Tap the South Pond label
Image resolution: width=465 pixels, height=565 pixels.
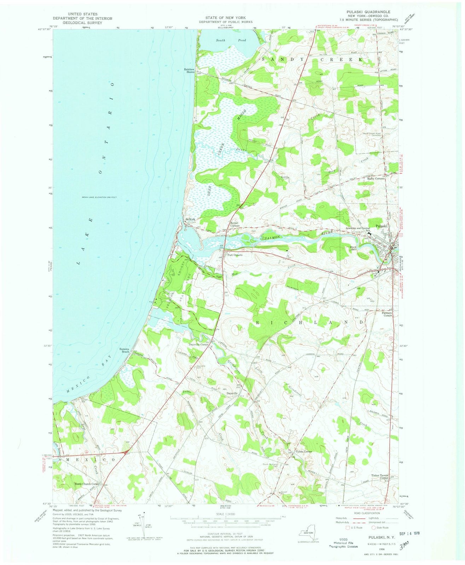pyautogui.click(x=231, y=40)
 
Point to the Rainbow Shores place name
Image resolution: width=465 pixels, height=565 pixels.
pyautogui.click(x=189, y=71)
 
